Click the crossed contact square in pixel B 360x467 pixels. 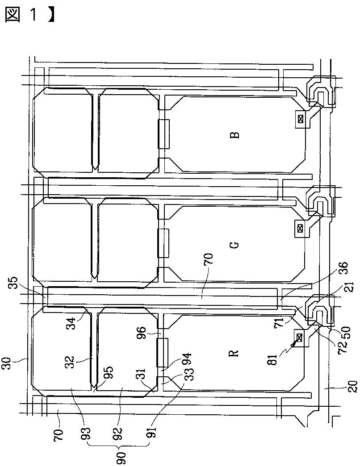tap(300, 119)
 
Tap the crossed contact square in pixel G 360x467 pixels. tap(300, 229)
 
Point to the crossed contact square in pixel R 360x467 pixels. tap(300, 338)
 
